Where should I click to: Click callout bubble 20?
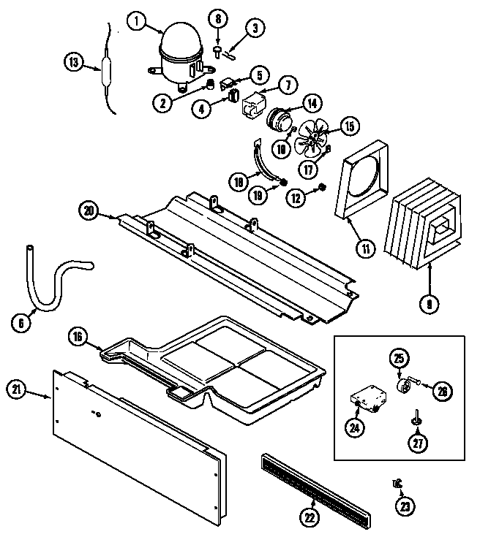(89, 211)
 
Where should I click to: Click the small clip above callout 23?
(397, 483)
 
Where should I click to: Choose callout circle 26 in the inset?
(441, 390)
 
